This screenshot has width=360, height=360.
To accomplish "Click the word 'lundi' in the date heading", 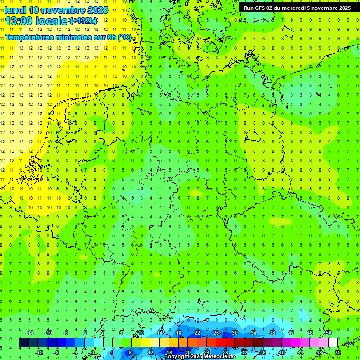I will (15, 10).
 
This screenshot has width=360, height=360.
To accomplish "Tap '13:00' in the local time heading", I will (18, 21).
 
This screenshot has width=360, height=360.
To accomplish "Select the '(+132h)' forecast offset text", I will (83, 21).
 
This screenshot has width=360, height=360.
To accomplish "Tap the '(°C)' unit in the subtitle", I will (125, 37).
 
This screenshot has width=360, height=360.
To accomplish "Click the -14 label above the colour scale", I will (29, 333).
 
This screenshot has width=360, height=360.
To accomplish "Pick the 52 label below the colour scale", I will (338, 352).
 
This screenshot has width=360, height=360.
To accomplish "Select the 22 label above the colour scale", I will (197, 333).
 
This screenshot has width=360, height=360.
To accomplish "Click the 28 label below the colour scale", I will (225, 352).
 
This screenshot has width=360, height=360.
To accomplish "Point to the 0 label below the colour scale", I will (92, 352).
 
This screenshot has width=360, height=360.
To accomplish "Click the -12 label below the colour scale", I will (38, 352).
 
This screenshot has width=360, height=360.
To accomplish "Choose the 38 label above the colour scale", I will (272, 333).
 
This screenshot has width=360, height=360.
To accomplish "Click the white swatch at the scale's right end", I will (333, 343).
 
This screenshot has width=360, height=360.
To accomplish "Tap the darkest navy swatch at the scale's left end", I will (23, 343).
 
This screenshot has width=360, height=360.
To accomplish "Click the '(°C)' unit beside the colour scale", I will (348, 343).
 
